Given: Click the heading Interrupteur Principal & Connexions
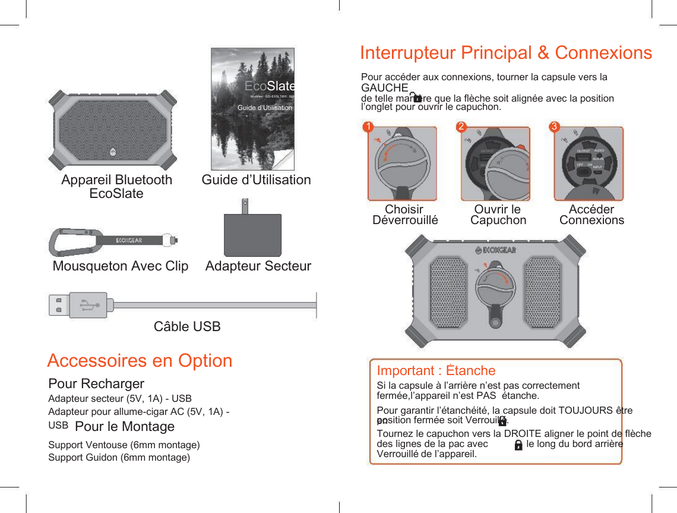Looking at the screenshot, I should coord(506,53).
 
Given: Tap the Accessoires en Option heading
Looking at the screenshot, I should coord(140,361).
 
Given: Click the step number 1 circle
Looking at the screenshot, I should coord(368,127).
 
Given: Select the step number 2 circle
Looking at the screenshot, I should coord(461,127).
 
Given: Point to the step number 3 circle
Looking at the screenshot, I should coord(554,127).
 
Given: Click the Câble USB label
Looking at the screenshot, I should coord(187,326).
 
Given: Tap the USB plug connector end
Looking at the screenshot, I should coord(78,305).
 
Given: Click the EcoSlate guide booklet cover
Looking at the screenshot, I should coord(252,109).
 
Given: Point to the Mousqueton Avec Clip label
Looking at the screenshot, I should coord(121,266).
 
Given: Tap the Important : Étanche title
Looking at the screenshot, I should coord(436,371).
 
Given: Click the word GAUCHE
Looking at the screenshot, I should coord(384,88).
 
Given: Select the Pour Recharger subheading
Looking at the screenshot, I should coord(96,383).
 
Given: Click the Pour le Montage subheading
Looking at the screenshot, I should coord(125,427).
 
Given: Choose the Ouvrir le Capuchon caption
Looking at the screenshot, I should coord(498,215).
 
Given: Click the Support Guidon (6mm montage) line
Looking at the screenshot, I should coord(119,457).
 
